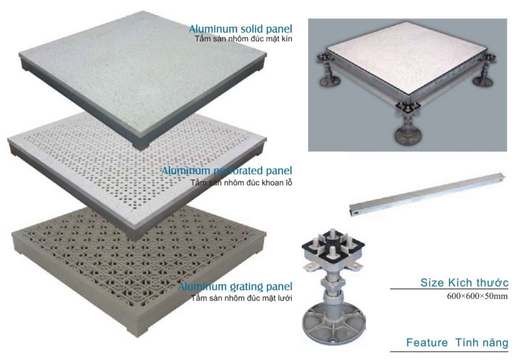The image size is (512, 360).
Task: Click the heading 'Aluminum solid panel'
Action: click(240, 28)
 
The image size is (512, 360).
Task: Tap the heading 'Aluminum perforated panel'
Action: click(227, 170)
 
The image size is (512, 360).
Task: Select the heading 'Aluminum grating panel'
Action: click(235, 286)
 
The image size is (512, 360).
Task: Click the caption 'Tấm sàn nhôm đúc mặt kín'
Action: click(243, 39)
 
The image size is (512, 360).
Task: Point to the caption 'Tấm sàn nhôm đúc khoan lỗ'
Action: click(241, 182)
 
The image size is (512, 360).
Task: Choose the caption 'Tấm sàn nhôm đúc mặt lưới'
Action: click(241, 298)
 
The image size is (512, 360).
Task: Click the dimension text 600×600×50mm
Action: click(477, 296)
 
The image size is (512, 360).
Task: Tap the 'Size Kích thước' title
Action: click(464, 282)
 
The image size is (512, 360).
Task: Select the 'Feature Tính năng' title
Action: click(457, 342)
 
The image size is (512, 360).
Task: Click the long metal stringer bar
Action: click(427, 194)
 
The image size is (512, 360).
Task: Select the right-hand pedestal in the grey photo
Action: click(483, 70)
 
